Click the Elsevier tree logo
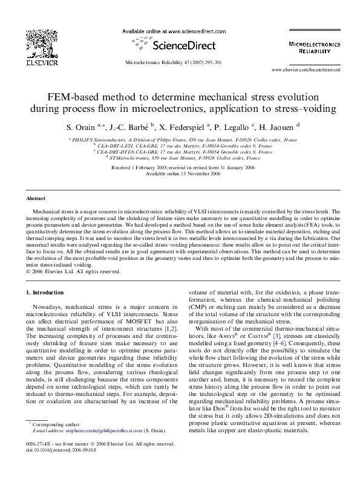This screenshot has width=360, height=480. [30, 43]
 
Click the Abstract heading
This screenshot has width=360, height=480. [36, 198]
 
